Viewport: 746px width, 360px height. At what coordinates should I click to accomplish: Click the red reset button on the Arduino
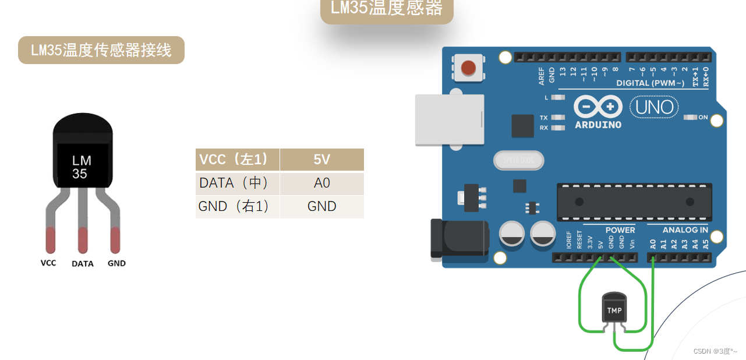pyautogui.click(x=468, y=68)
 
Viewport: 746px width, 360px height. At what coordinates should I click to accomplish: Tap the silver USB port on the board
pyautogui.click(x=449, y=119)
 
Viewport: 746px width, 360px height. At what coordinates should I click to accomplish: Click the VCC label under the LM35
pyautogui.click(x=48, y=263)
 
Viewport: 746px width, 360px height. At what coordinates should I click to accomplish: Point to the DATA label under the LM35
pyautogui.click(x=83, y=263)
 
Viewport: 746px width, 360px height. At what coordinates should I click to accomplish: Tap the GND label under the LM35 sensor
pyautogui.click(x=116, y=263)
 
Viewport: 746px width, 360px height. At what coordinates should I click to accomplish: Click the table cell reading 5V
pyautogui.click(x=321, y=160)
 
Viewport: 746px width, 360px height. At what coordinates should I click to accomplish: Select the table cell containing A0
pyautogui.click(x=321, y=183)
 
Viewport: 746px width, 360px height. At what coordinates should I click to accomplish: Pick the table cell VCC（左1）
pyautogui.click(x=237, y=160)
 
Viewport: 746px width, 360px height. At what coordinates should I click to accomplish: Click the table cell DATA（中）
pyautogui.click(x=237, y=183)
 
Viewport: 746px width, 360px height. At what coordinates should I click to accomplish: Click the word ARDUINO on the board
pyautogui.click(x=597, y=125)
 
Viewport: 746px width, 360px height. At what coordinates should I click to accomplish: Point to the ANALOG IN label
pyautogui.click(x=685, y=230)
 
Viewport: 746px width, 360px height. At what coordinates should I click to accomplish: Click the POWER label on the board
pyautogui.click(x=620, y=230)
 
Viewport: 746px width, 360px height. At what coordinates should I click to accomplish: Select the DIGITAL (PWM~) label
pyautogui.click(x=650, y=83)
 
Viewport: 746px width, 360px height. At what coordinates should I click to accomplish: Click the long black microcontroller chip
pyautogui.click(x=634, y=202)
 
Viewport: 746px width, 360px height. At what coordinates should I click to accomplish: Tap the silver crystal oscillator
pyautogui.click(x=518, y=160)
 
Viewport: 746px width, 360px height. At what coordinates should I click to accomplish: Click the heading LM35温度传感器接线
pyautogui.click(x=101, y=50)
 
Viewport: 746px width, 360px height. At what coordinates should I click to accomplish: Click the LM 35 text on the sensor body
pyautogui.click(x=81, y=167)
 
